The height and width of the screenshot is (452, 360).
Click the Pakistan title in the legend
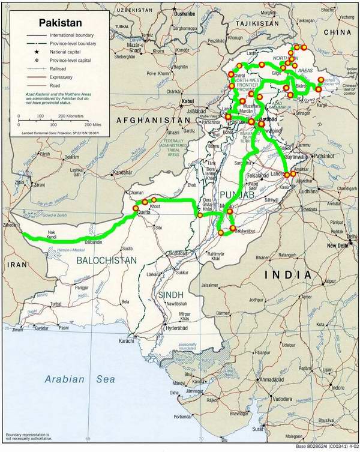(59, 23)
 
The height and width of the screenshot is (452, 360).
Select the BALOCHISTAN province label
(106, 260)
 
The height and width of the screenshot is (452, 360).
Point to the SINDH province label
(170, 295)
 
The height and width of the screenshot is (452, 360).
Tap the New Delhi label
(338, 246)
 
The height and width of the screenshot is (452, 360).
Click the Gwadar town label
(41, 328)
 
